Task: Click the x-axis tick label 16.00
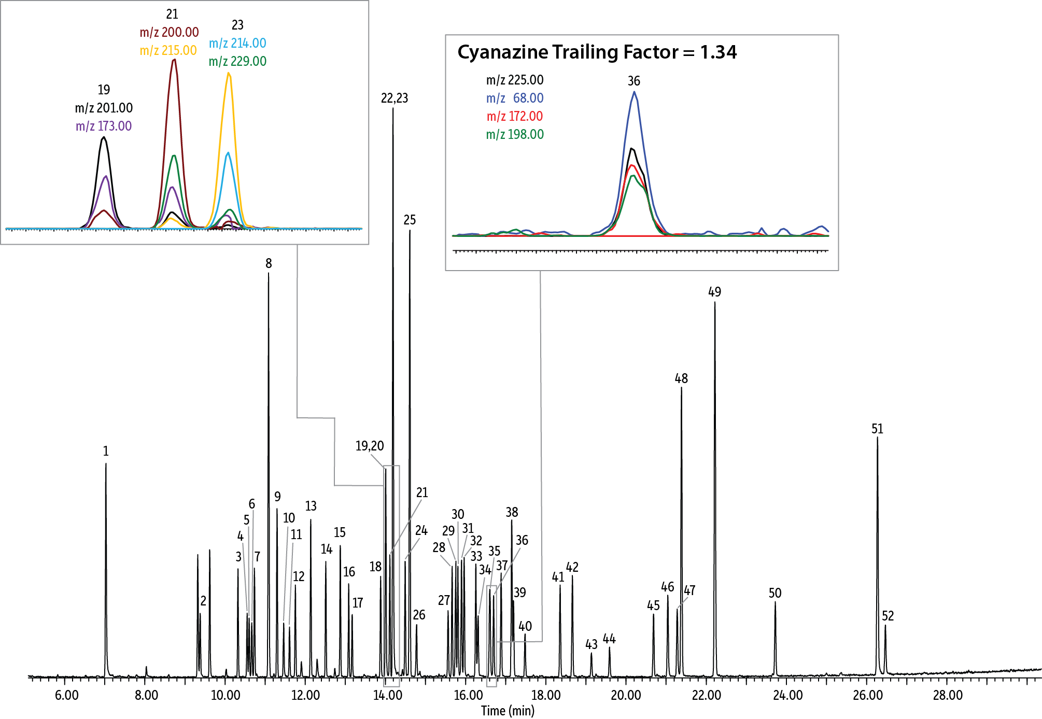468,696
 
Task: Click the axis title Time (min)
508,711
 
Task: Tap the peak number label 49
714,292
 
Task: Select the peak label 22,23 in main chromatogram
395,98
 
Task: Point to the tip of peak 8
269,274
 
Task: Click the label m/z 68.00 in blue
515,98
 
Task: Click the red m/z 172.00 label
515,116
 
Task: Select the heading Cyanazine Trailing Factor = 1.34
597,52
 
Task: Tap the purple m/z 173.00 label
104,126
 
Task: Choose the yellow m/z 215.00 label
168,50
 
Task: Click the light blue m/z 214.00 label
237,43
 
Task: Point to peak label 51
877,429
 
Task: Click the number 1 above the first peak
106,451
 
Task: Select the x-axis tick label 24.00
787,696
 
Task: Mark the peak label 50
775,593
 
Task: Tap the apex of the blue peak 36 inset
634,92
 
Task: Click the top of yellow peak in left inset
229,73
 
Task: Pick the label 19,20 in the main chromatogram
370,446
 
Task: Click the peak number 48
681,378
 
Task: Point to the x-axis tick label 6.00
66,696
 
